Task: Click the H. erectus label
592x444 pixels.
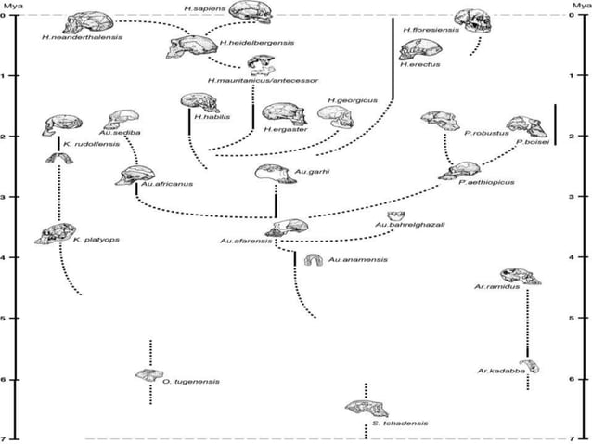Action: tap(418, 66)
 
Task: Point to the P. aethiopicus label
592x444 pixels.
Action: tap(486, 183)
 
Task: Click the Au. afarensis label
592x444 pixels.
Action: tap(245, 242)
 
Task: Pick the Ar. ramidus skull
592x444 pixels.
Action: tap(520, 275)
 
